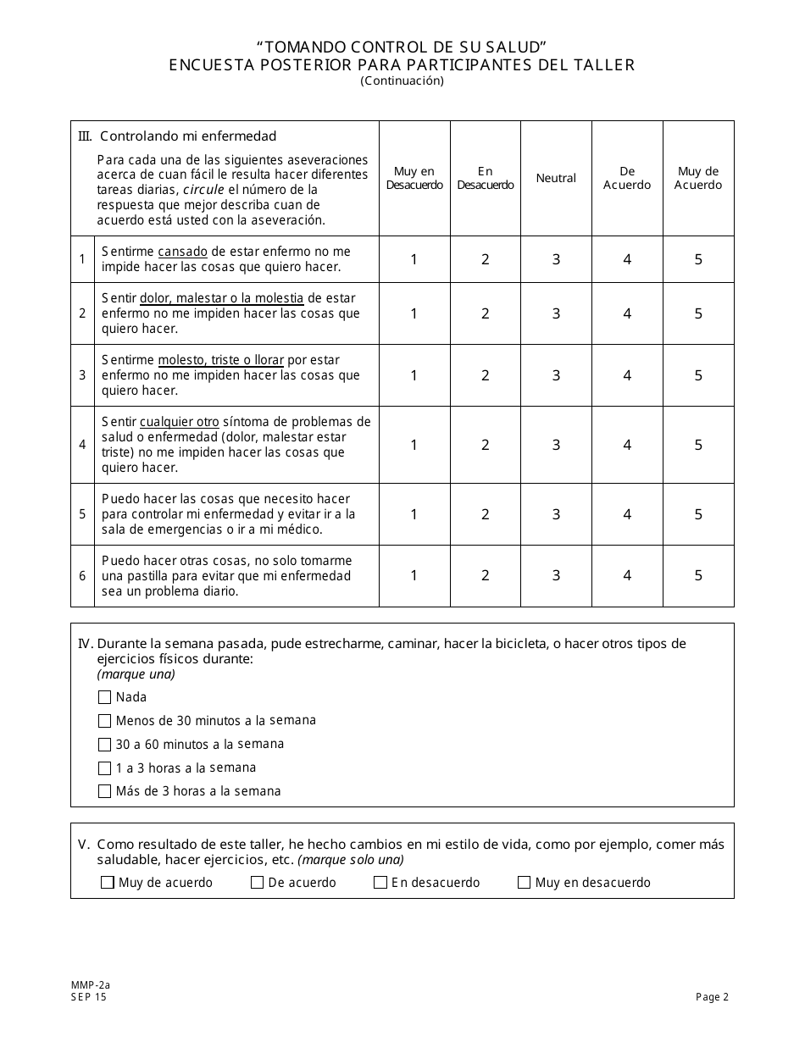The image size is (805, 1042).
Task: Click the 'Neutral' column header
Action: (556, 178)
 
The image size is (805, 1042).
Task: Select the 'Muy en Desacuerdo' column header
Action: (414, 178)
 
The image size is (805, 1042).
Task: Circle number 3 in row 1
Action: (556, 259)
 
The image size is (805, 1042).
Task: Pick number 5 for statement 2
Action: (698, 313)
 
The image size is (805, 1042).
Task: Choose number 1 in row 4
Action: (414, 445)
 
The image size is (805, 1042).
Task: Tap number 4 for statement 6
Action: (627, 575)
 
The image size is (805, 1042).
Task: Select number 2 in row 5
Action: (486, 514)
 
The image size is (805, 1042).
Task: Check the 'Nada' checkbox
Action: (105, 697)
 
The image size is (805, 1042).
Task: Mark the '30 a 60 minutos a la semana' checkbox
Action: (105, 745)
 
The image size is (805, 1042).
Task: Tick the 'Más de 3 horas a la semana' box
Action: (105, 791)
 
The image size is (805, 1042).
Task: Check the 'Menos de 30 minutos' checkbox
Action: (105, 721)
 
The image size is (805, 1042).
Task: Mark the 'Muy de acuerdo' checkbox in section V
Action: (108, 883)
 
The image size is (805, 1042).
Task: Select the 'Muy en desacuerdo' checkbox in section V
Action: (525, 883)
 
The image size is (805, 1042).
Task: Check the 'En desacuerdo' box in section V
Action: (380, 883)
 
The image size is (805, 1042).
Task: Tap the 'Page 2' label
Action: (712, 997)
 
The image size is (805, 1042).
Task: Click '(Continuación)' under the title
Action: (402, 81)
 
